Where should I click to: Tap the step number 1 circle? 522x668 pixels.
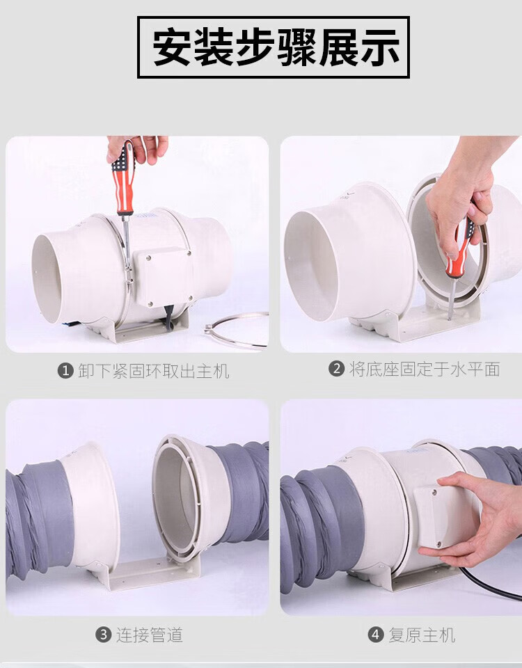[65, 371]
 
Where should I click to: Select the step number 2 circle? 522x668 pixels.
[336, 369]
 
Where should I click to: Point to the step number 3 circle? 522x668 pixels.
[103, 635]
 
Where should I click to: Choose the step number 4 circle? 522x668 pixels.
[375, 635]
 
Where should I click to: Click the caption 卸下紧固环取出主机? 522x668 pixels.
[154, 371]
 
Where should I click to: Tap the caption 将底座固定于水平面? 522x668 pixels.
[425, 369]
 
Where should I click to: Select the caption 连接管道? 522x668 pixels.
[150, 635]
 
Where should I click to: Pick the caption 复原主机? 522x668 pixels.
[422, 635]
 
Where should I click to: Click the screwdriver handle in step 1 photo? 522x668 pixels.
[124, 178]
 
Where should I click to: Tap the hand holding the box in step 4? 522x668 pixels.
[474, 518]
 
